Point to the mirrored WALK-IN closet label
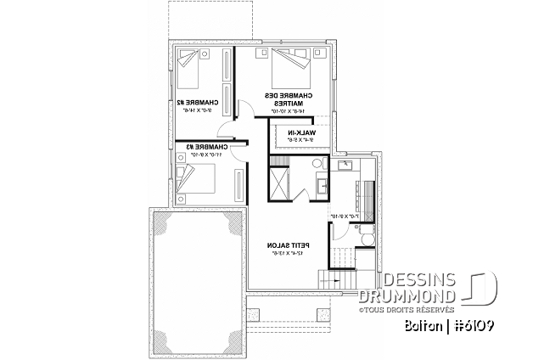[x=301, y=137]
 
